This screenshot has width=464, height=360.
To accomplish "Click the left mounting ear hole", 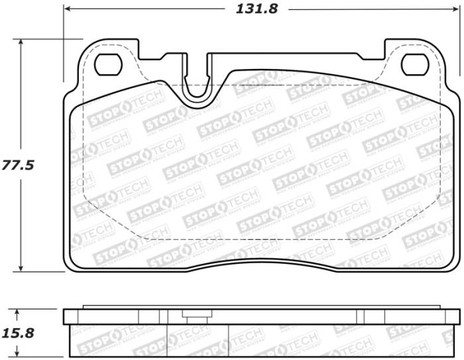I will pos(106,64).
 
